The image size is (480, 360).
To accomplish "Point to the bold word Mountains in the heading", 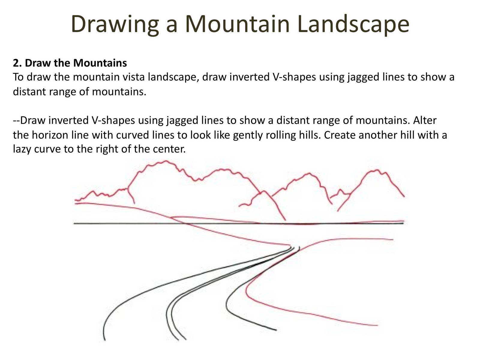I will click(100, 63).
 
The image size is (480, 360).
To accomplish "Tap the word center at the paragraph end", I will click(169, 149).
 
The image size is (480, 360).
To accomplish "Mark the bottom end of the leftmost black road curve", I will click(105, 340).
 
